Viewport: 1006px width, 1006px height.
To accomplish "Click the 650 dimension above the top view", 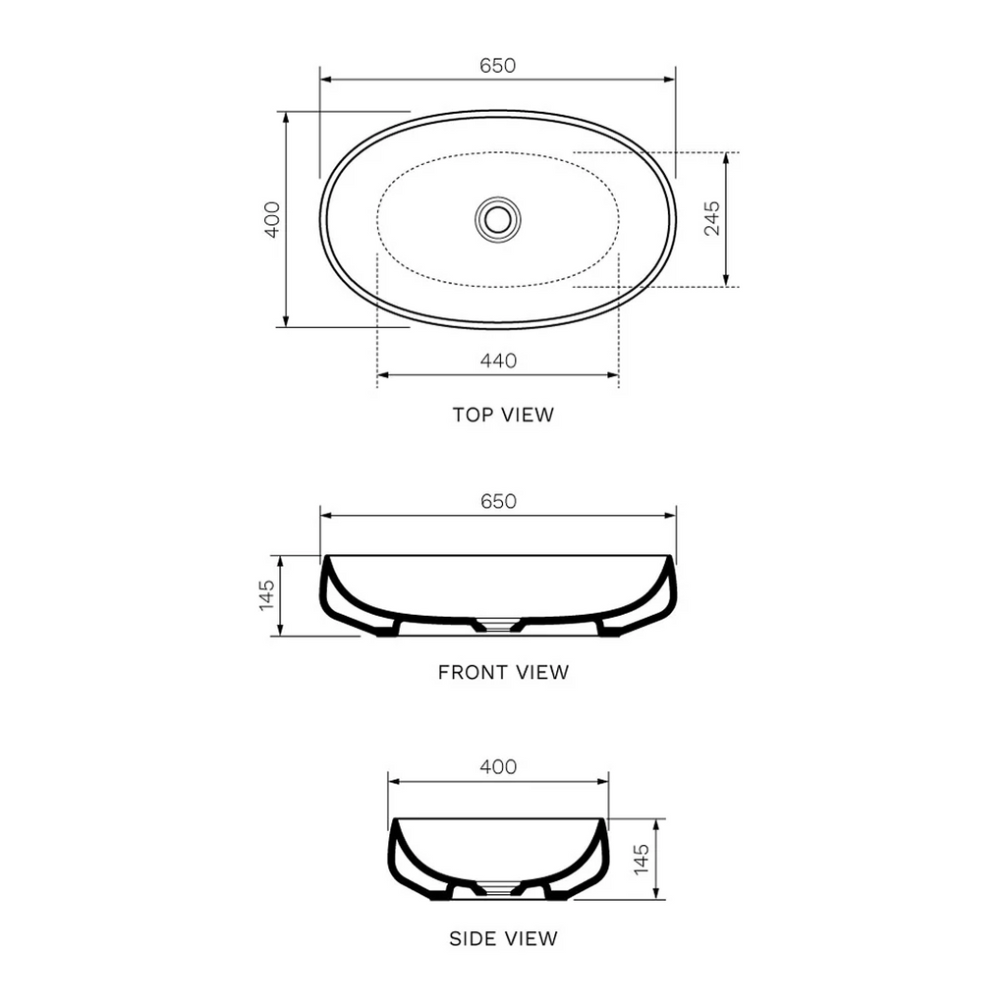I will pos(498,66).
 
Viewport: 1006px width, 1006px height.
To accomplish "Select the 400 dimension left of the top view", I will pos(273,219).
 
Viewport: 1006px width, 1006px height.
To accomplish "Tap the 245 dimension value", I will pos(712,218).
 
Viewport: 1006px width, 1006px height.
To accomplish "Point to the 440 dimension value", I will pos(498,361).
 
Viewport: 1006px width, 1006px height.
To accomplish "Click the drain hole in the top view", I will pos(498,218).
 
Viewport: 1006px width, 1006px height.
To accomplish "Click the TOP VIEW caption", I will pos(503,415).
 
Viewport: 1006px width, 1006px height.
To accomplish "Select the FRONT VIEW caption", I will pos(503,673).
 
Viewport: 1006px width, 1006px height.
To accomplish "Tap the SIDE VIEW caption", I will pos(503,938).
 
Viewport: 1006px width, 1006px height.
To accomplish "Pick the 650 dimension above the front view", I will pos(498,501).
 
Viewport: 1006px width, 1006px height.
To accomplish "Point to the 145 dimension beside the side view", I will pos(642,860).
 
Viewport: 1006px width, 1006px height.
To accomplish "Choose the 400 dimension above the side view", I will pos(498,767).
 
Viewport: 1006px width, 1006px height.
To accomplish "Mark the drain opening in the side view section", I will pos(498,890).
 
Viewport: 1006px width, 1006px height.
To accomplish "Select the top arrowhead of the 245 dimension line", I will pos(725,156).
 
